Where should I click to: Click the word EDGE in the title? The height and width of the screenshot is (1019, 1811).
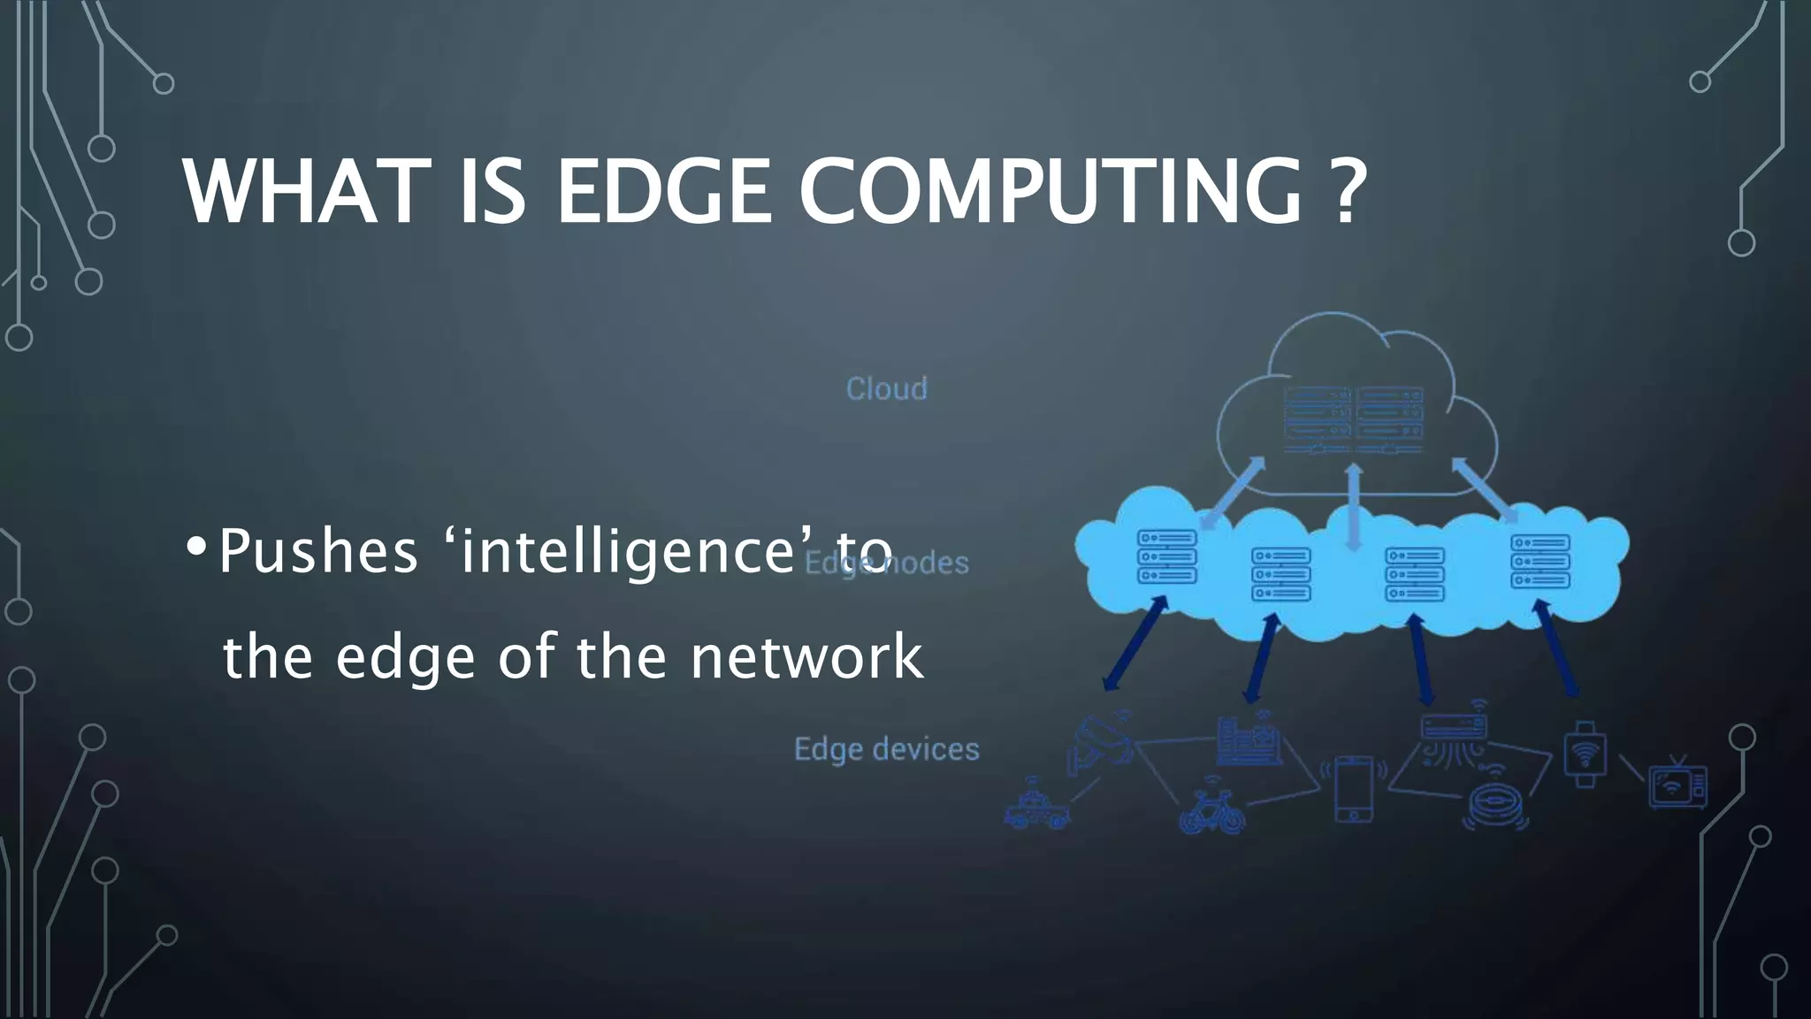(664, 192)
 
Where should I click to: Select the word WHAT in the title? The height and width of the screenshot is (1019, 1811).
(301, 192)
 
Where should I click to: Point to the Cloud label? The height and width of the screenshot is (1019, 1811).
(886, 389)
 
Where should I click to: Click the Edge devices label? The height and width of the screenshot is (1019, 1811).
(886, 749)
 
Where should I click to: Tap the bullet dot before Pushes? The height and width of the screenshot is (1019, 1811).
(196, 548)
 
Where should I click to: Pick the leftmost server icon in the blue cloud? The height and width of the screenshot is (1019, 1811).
(1166, 556)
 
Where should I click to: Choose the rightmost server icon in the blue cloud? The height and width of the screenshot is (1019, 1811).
(1540, 561)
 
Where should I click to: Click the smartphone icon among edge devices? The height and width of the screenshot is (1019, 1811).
(1353, 788)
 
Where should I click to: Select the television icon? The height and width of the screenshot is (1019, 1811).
(1677, 784)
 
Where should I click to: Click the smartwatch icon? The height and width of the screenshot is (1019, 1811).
(1585, 754)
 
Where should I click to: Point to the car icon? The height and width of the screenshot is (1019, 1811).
(1037, 806)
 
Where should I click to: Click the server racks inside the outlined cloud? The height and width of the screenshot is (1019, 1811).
(1353, 421)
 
